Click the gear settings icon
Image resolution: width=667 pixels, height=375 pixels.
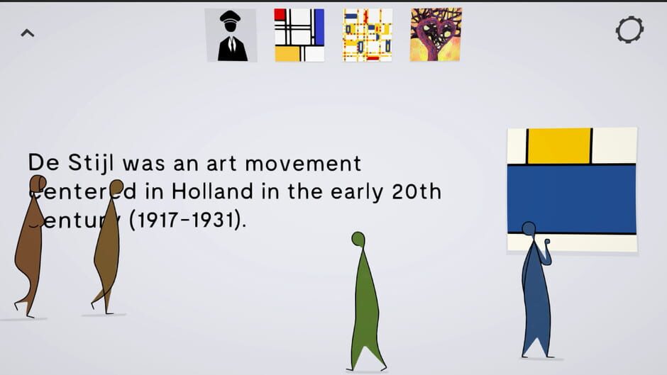pos(629,30)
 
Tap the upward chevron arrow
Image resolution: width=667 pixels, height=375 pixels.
pos(27,33)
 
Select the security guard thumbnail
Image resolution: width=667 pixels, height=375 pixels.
pos(231,35)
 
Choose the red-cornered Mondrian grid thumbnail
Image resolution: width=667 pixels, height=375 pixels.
pos(299,35)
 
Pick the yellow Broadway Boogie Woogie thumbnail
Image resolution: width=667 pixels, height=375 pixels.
pos(367,35)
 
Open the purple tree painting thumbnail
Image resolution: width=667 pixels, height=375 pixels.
pos(435,35)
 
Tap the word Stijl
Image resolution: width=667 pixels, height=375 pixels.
pos(92,164)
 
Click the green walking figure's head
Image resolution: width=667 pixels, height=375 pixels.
pos(358,239)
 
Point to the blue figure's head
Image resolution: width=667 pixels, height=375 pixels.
pos(529,228)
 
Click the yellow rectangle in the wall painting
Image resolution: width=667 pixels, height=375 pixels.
pos(559,145)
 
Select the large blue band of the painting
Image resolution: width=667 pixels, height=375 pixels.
pos(572,198)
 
